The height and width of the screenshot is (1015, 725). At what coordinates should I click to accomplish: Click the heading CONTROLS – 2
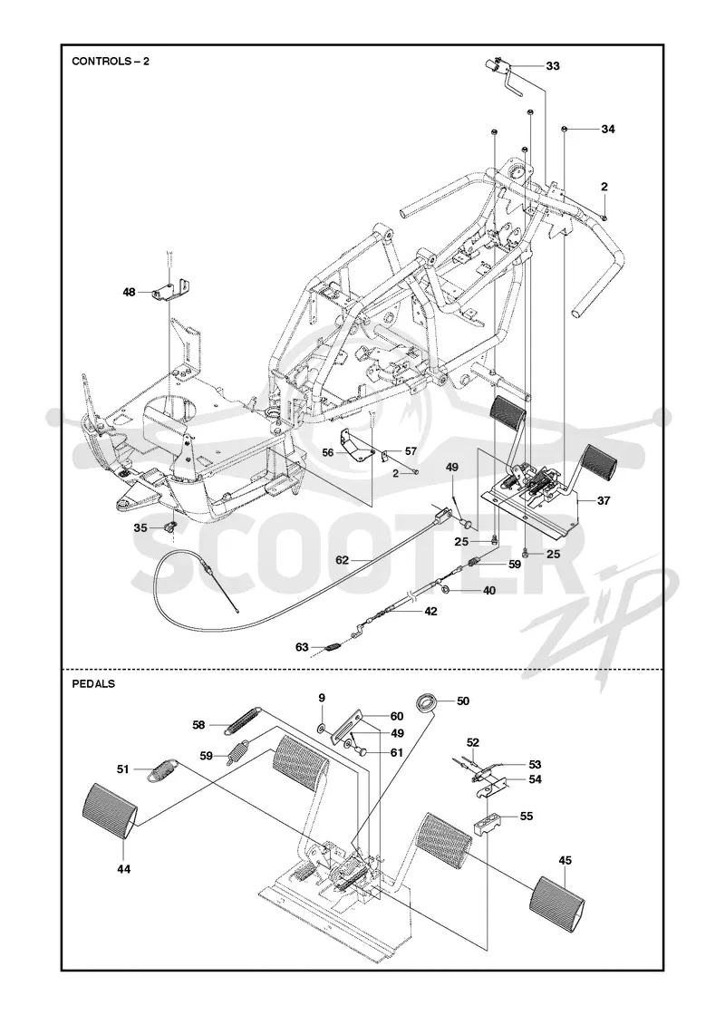[x=110, y=62]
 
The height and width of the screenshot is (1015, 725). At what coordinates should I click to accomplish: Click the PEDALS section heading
[x=93, y=683]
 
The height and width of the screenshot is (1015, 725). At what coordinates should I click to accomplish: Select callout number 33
[x=552, y=66]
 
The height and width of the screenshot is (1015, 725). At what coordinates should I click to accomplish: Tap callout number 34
[x=607, y=129]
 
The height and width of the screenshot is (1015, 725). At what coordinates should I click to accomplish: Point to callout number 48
[x=130, y=293]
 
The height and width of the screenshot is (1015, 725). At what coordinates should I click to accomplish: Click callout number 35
[x=140, y=527]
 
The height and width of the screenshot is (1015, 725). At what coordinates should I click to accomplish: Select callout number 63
[x=302, y=647]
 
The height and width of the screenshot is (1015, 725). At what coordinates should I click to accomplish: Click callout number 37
[x=604, y=500]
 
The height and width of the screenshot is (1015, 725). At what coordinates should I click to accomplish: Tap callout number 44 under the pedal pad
[x=123, y=869]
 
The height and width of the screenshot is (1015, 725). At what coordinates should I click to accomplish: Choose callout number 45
[x=565, y=860]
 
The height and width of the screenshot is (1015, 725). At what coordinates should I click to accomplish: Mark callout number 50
[x=463, y=701]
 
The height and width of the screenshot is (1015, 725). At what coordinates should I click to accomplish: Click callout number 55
[x=527, y=817]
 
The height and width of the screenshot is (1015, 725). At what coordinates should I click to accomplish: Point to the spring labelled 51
[x=163, y=769]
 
